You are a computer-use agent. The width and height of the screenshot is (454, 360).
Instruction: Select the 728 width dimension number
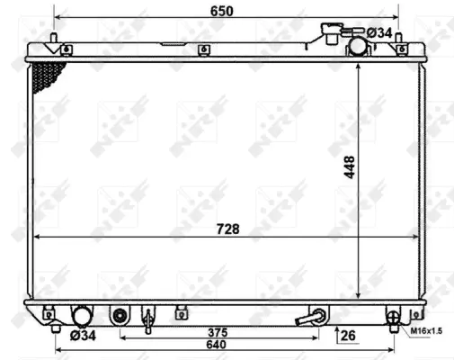click(x=228, y=230)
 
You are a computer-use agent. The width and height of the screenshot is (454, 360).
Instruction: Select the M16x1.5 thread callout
click(x=427, y=332)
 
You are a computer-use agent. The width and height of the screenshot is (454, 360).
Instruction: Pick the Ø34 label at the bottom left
click(x=83, y=336)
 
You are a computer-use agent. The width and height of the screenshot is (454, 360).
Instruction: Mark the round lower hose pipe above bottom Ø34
click(x=82, y=316)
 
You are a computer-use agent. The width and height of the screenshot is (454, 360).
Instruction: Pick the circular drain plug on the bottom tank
click(x=120, y=316)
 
